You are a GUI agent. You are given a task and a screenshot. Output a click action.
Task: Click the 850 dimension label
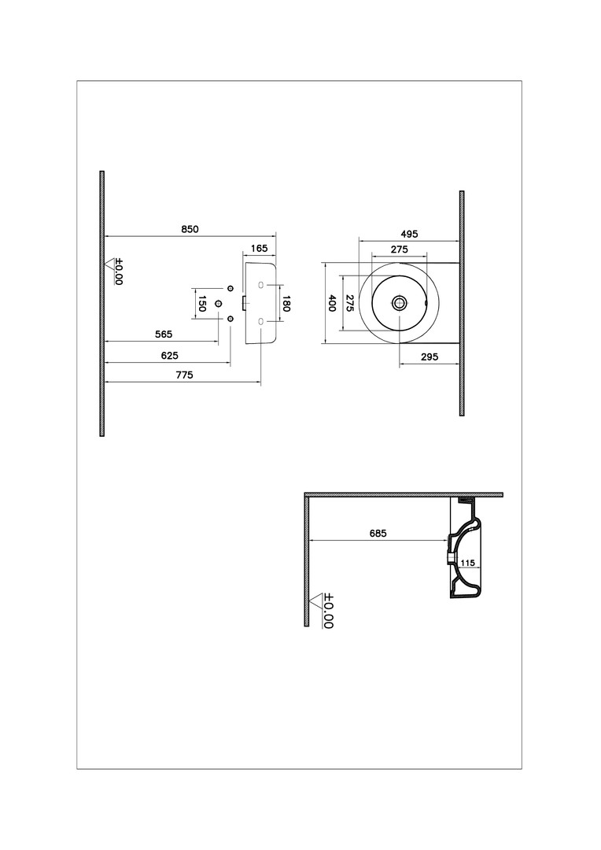click(x=190, y=229)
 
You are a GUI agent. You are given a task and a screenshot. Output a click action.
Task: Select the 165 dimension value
click(x=260, y=248)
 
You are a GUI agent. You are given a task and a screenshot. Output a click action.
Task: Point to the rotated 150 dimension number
click(x=201, y=304)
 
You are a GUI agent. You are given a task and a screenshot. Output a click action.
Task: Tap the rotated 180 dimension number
click(x=286, y=304)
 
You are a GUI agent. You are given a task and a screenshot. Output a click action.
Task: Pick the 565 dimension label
click(x=164, y=334)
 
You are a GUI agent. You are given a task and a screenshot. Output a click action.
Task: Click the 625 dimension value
click(x=170, y=356)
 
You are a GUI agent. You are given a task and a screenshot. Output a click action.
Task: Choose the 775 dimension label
click(x=184, y=375)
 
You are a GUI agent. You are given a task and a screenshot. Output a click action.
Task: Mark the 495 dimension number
click(x=410, y=235)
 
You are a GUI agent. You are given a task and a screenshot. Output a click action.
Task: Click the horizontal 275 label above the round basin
click(x=400, y=249)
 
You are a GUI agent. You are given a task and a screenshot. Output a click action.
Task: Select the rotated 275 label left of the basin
click(x=350, y=303)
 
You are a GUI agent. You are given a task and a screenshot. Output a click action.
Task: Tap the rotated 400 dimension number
click(x=332, y=303)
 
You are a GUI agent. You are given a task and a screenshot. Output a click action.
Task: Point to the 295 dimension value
click(x=430, y=357)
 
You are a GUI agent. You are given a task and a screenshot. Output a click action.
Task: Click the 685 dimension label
click(x=378, y=534)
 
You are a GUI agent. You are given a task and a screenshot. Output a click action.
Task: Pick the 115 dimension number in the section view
click(x=467, y=564)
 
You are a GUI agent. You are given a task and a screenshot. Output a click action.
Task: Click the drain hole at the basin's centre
click(x=400, y=302)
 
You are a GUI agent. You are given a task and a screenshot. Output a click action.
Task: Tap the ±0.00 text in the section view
click(x=328, y=611)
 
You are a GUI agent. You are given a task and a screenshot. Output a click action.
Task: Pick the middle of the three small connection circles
click(x=219, y=303)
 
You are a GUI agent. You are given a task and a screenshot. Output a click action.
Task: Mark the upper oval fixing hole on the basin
click(x=261, y=285)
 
